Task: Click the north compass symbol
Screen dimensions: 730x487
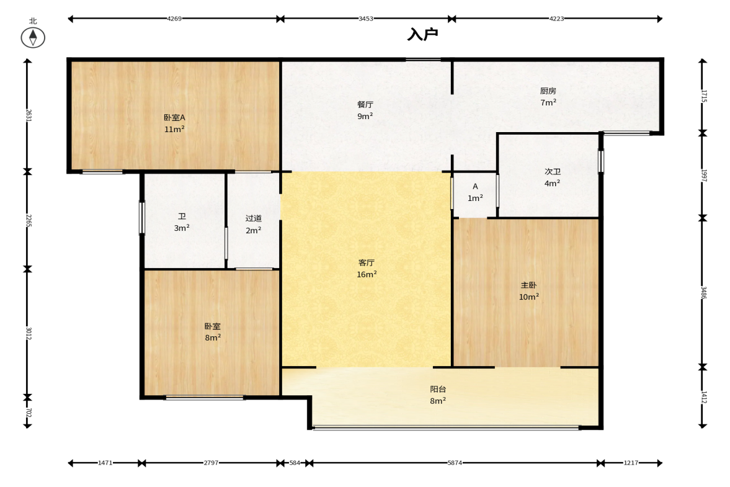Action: [x=33, y=38]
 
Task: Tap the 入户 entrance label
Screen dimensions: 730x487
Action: [x=423, y=35]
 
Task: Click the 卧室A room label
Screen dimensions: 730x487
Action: [x=174, y=118]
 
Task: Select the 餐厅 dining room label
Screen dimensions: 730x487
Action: [x=365, y=105]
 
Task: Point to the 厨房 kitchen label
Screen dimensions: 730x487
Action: [x=548, y=91]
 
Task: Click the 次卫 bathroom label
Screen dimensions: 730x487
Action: [x=553, y=172]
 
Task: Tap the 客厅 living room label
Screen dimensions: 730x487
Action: [x=367, y=263]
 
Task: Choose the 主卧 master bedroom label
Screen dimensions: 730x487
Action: [x=529, y=285]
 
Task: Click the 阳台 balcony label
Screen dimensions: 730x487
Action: [x=438, y=389]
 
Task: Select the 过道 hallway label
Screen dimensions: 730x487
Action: [x=254, y=218]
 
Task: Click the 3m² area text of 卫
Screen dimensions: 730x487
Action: [x=182, y=228]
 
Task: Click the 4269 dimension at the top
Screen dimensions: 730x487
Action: [x=174, y=19]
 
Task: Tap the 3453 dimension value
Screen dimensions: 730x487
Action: [x=366, y=19]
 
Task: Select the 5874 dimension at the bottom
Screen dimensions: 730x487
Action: [x=455, y=463]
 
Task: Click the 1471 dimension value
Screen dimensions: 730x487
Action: [x=105, y=463]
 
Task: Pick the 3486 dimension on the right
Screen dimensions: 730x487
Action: [x=704, y=293]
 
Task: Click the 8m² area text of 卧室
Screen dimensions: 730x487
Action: [x=213, y=337]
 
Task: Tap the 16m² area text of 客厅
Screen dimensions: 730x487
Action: [x=367, y=275]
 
